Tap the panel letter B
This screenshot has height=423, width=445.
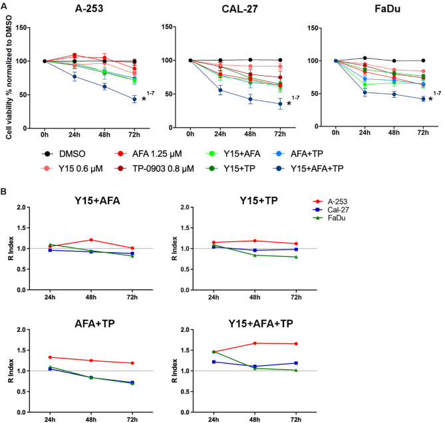[5, 194]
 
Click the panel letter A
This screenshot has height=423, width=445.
[5, 5]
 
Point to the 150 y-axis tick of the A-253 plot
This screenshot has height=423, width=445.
[31, 27]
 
